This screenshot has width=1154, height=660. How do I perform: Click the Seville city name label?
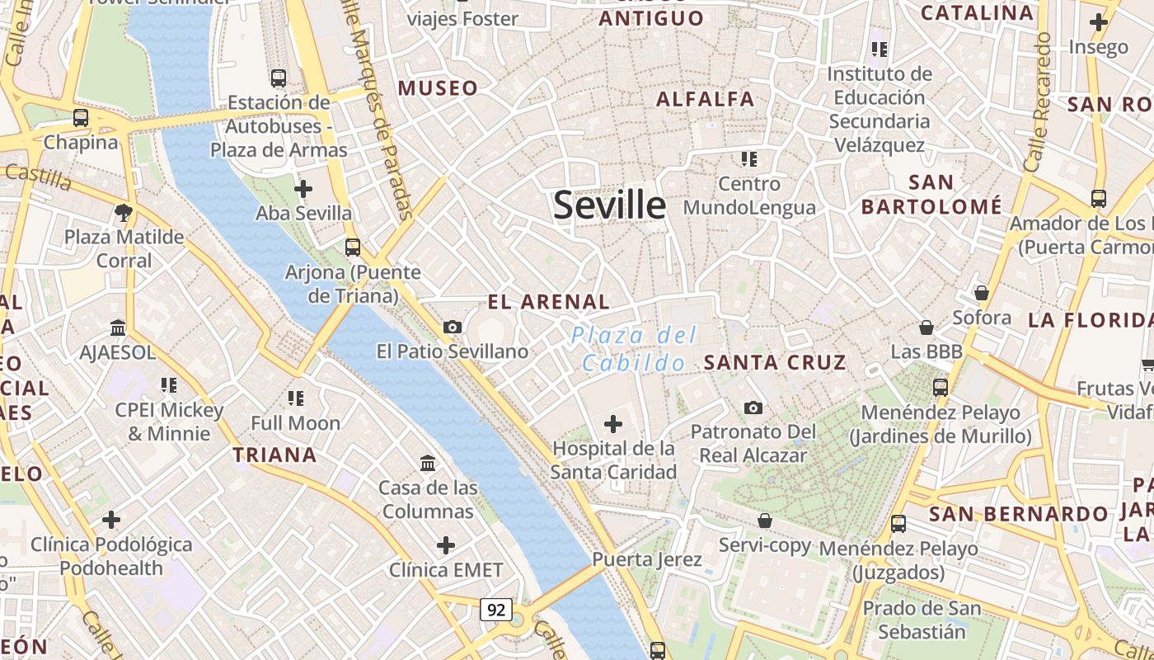click(x=609, y=205)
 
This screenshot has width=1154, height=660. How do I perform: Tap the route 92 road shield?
click(x=496, y=610)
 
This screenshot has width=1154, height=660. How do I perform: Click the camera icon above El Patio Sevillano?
click(x=452, y=327)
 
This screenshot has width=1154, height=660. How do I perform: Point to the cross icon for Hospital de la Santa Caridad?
click(x=613, y=424)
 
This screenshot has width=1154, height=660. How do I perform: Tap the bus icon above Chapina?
click(x=80, y=117)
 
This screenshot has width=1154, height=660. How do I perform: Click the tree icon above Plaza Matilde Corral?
click(x=124, y=213)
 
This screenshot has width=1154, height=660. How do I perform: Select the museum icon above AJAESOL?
click(x=118, y=328)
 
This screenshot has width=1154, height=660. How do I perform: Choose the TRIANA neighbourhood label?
click(x=274, y=455)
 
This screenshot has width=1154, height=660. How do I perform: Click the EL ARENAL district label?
click(x=548, y=302)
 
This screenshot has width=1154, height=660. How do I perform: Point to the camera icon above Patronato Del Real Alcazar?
click(x=753, y=408)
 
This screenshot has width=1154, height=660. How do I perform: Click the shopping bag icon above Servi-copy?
click(x=765, y=521)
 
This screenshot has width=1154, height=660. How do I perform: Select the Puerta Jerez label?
click(x=647, y=559)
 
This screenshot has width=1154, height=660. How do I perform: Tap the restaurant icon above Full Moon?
click(x=295, y=399)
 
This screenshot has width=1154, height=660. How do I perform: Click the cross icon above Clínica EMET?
click(x=446, y=545)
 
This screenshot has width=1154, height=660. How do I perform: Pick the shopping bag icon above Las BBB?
click(x=926, y=328)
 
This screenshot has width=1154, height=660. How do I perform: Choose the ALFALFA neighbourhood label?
click(x=705, y=99)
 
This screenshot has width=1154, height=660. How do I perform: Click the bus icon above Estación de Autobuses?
click(x=279, y=78)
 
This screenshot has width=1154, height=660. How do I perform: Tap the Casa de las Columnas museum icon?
click(x=428, y=464)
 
